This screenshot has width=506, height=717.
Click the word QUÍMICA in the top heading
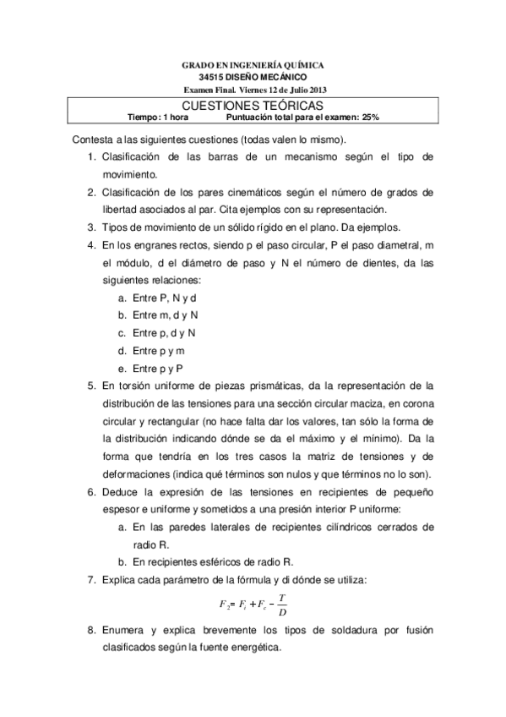pyautogui.click(x=304, y=65)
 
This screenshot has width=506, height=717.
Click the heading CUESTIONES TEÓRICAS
pyautogui.click(x=253, y=105)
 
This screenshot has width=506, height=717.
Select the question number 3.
pyautogui.click(x=90, y=227)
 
